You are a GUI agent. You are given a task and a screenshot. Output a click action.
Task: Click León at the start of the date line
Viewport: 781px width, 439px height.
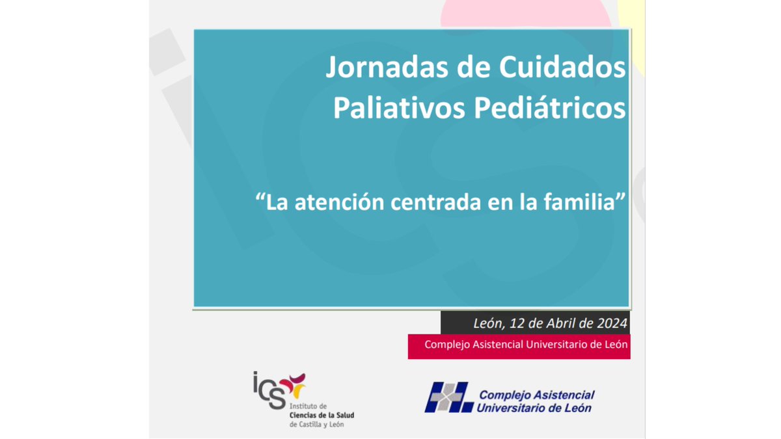(x=488, y=323)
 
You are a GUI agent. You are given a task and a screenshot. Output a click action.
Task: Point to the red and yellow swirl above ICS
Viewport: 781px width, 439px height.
(x=294, y=384)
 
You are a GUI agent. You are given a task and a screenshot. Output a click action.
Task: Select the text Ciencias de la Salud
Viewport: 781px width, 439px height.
(x=322, y=415)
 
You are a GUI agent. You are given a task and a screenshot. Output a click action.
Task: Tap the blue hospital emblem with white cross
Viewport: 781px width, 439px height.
(x=448, y=397)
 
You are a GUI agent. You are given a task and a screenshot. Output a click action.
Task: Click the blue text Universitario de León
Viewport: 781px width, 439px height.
(x=534, y=408)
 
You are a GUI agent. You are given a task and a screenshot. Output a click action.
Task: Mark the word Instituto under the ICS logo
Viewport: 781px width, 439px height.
(x=306, y=406)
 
